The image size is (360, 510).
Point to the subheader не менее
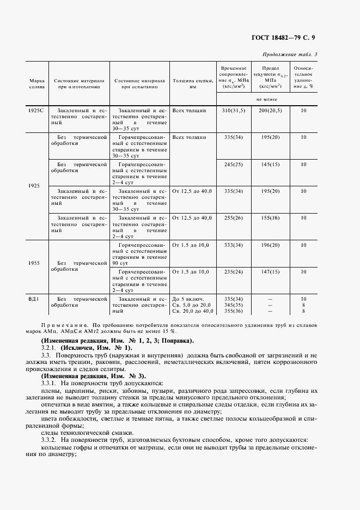coord(267,100)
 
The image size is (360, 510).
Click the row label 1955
coord(34,263)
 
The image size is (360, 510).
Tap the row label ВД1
coord(34,299)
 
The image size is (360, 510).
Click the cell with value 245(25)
coord(235,164)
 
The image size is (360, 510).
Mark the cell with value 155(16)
coord(270,218)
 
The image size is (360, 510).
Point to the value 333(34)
coord(235,245)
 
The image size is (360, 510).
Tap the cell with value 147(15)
coord(270,271)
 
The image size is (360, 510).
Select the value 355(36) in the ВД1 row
coord(235,312)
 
